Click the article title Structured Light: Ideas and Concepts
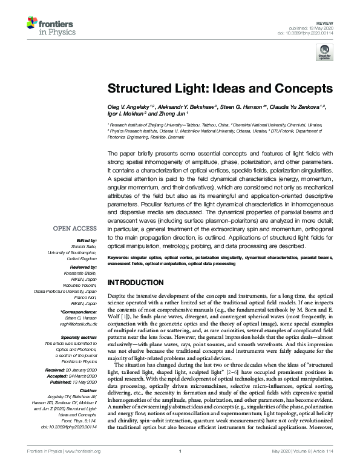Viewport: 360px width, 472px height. tap(220, 88)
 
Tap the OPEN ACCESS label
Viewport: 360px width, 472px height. tap(75, 229)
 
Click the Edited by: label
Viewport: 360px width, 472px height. tap(86, 240)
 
